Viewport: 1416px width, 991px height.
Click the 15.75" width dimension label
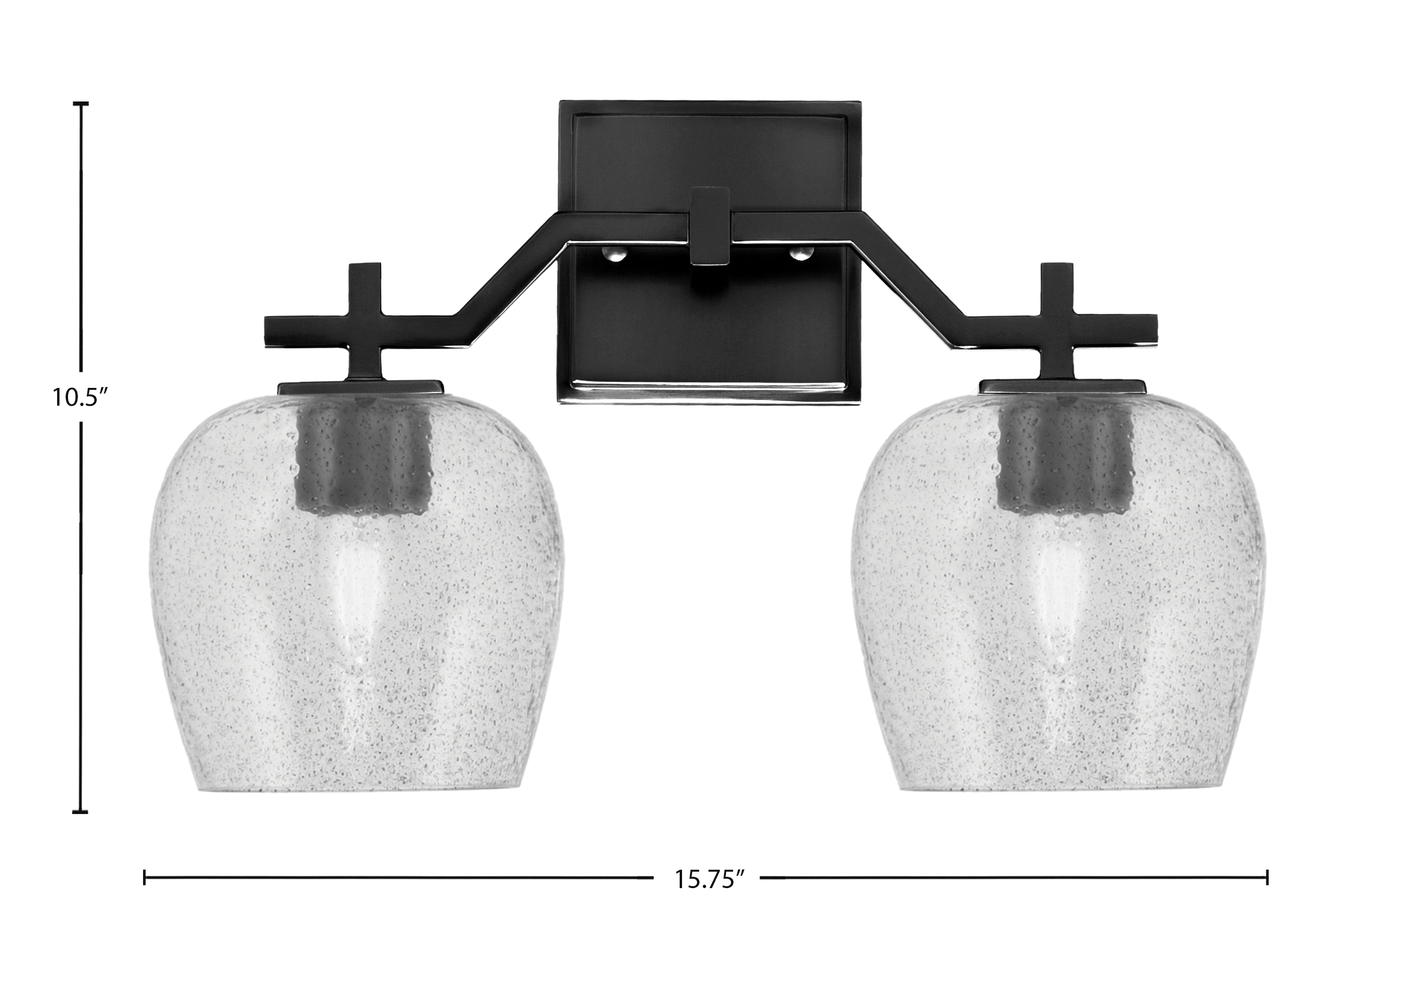pyautogui.click(x=706, y=879)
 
